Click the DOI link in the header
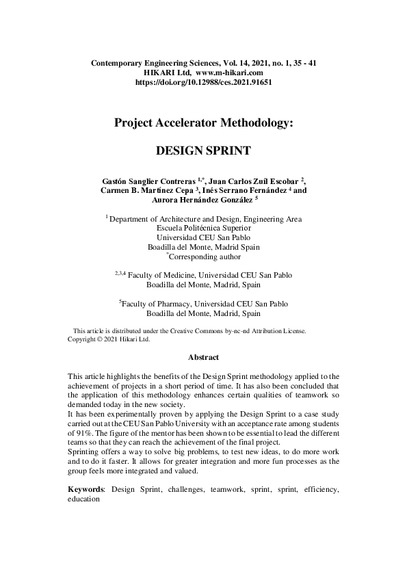pyautogui.click(x=203, y=81)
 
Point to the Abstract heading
pyautogui.click(x=203, y=357)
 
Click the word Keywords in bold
pyautogui.click(x=86, y=490)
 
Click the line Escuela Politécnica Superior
pyautogui.click(x=203, y=228)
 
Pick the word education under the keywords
pyautogui.click(x=84, y=499)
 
